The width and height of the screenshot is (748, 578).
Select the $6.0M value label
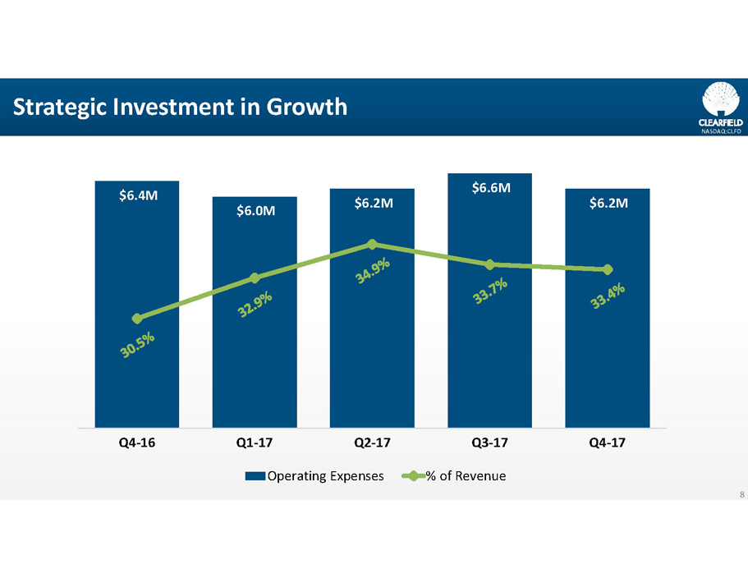click(x=255, y=211)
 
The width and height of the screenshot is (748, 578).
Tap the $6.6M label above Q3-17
click(x=490, y=188)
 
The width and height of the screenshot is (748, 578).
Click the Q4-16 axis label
click(x=136, y=443)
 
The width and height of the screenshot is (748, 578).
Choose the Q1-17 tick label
click(x=255, y=443)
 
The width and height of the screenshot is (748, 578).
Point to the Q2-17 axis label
click(x=372, y=443)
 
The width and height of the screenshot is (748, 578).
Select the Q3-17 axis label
click(x=490, y=443)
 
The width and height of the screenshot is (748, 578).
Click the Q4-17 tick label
click(x=608, y=443)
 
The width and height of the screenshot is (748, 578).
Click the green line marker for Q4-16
click(x=137, y=319)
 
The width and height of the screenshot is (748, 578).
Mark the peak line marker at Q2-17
click(x=372, y=244)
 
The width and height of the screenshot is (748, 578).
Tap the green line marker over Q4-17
click(x=608, y=269)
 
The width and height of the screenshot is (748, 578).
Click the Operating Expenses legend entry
click(x=315, y=475)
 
